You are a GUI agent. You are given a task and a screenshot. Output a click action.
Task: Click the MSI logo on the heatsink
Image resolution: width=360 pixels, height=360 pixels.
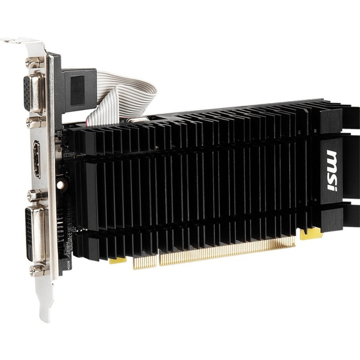click(332, 171)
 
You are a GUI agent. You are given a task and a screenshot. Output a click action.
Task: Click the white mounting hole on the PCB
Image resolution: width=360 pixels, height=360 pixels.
click(60, 185)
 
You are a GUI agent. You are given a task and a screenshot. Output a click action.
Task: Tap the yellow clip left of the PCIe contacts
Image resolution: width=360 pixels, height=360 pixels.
click(117, 260)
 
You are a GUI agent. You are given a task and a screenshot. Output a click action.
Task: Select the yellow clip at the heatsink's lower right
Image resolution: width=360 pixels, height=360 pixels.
click(311, 233)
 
